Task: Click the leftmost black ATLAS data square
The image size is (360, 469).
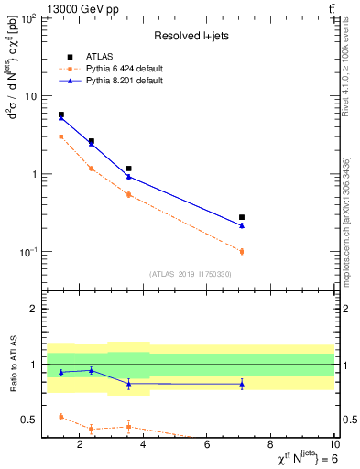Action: (x=61, y=115)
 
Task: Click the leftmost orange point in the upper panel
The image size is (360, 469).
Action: (x=61, y=136)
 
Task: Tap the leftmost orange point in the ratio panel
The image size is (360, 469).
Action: (x=61, y=417)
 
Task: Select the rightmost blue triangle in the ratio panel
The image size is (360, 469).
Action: (x=242, y=384)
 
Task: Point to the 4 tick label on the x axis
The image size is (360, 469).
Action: (x=144, y=446)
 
